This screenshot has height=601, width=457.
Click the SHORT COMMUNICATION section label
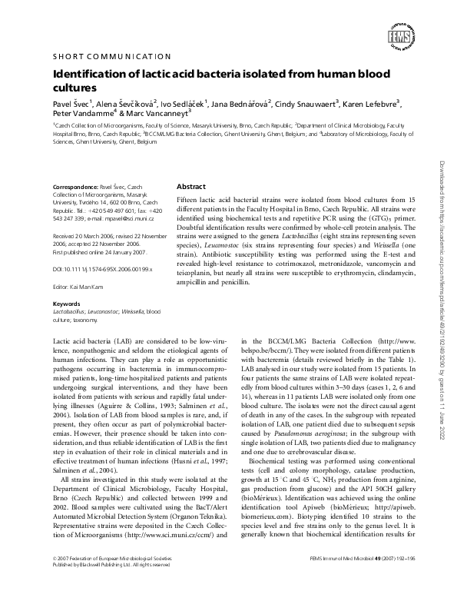pyautogui.click(x=111, y=56)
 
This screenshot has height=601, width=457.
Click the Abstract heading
pyautogui.click(x=191, y=187)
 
